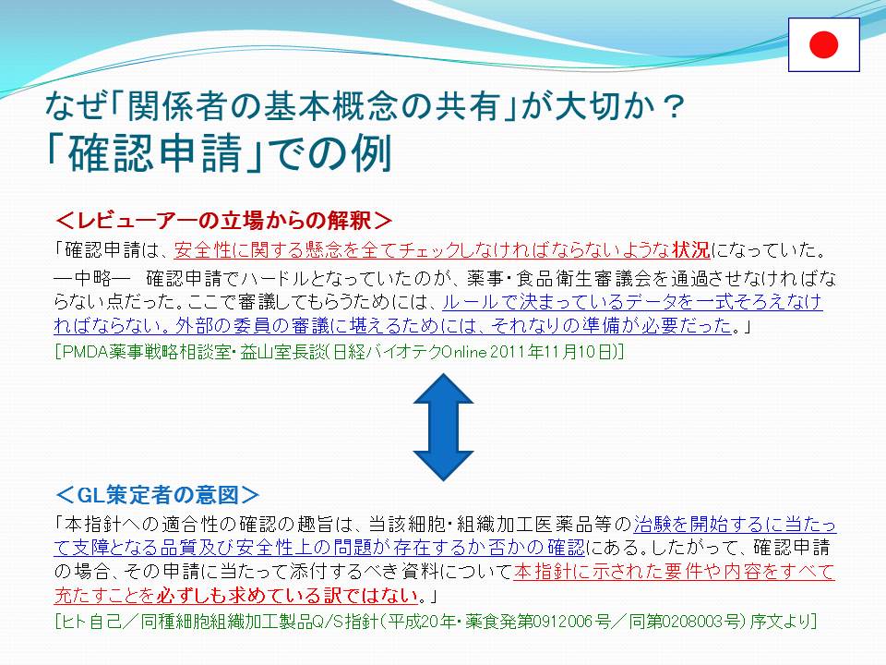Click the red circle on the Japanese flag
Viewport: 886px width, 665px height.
point(823,44)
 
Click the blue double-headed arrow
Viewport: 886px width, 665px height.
point(443,428)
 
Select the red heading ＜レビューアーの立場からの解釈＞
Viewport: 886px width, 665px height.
point(223,220)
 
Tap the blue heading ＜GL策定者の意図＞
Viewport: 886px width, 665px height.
point(158,495)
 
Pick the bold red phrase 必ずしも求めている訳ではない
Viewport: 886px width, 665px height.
point(287,595)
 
